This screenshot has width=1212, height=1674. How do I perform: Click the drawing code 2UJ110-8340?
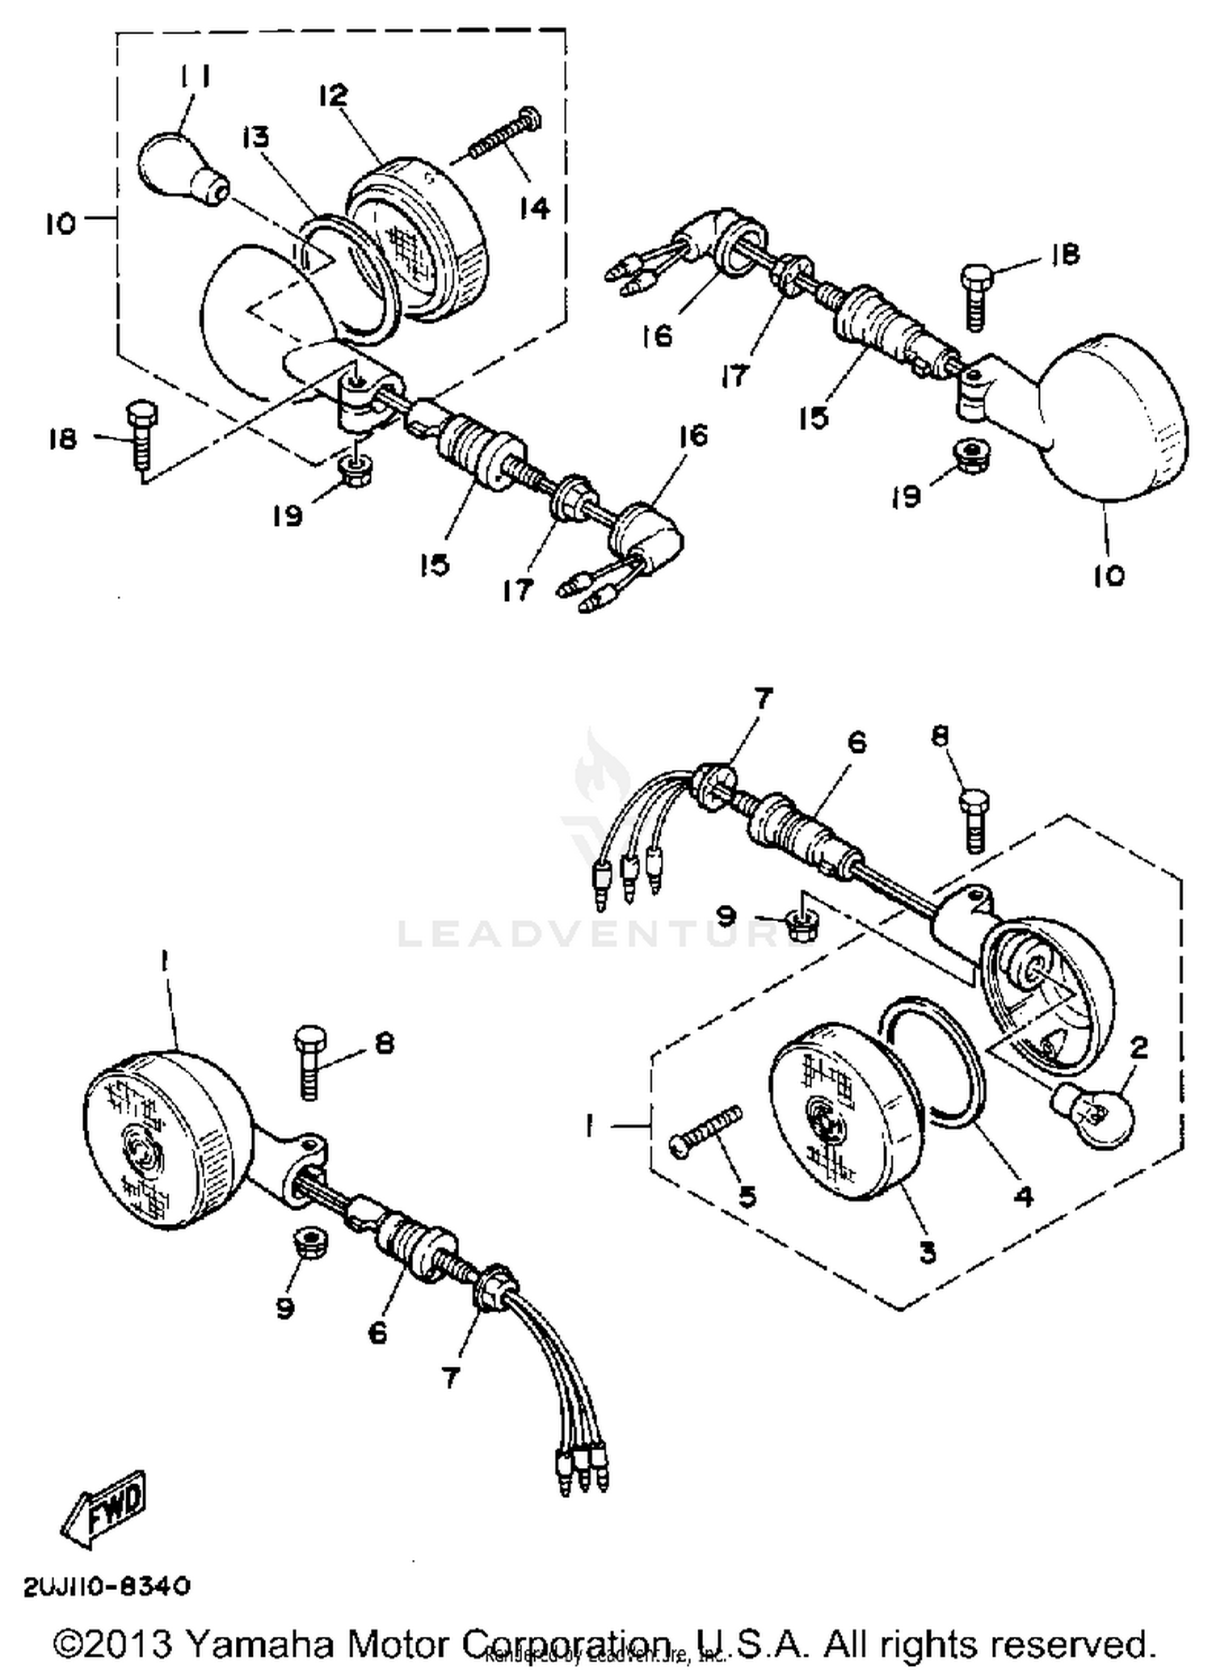click(107, 1586)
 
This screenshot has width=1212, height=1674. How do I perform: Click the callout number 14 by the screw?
click(534, 208)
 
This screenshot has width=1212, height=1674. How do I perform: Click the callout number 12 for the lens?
click(333, 95)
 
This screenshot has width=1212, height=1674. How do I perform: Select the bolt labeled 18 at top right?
click(975, 298)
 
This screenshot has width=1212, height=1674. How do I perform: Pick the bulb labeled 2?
click(1093, 1114)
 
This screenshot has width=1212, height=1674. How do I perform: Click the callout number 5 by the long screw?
click(747, 1197)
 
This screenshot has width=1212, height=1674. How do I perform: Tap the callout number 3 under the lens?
click(928, 1252)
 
